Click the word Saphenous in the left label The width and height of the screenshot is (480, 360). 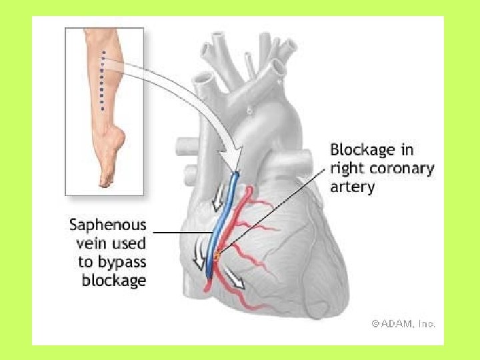(x=108, y=225)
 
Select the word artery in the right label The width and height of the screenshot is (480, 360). (x=352, y=186)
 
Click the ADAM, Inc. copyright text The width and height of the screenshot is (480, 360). (x=403, y=323)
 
